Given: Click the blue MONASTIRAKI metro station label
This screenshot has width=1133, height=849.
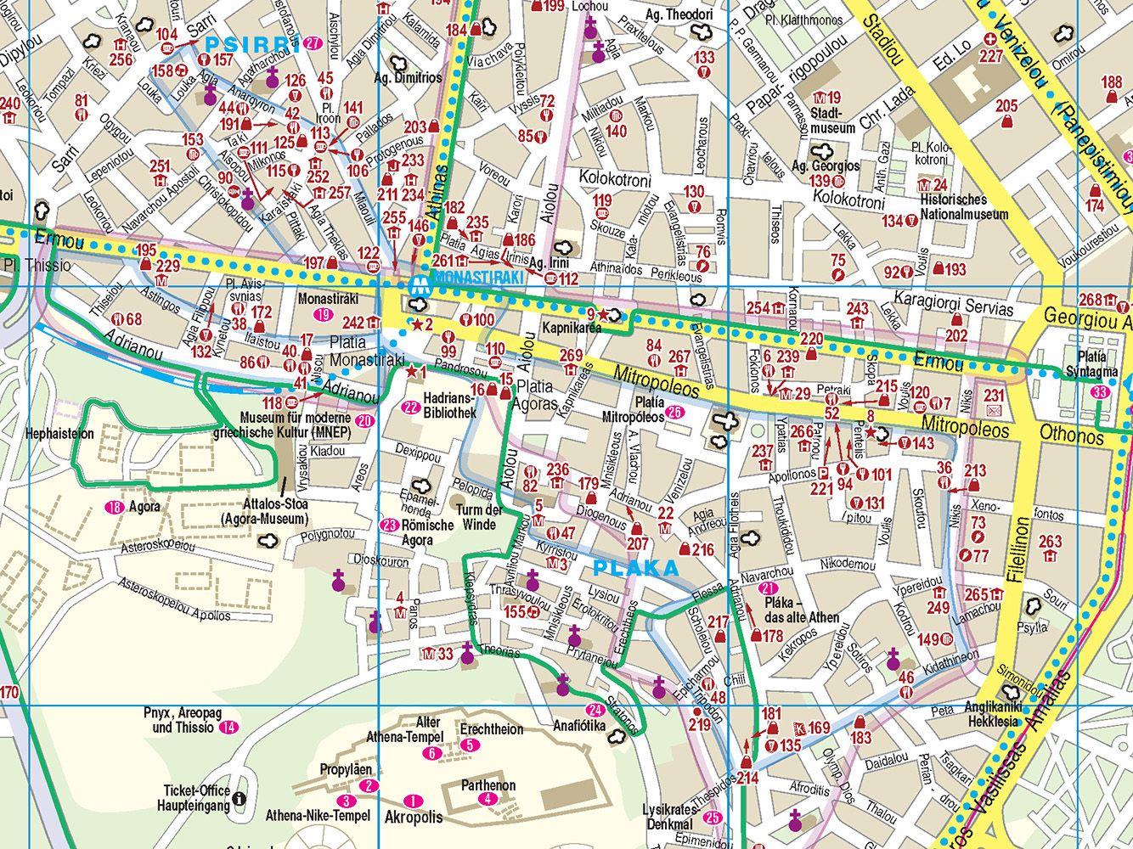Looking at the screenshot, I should (x=465, y=278).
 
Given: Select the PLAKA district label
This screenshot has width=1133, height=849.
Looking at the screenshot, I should (x=636, y=569).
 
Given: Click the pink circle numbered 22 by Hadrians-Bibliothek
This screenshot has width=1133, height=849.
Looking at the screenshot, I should (x=411, y=407).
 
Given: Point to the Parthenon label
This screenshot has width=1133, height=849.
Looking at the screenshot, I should (x=488, y=785).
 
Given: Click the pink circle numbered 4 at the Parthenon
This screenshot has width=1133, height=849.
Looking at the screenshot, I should (x=487, y=799).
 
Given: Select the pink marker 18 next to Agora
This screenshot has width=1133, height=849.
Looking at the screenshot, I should (x=114, y=508).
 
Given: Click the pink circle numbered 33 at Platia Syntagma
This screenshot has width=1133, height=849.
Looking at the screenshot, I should (x=1101, y=392).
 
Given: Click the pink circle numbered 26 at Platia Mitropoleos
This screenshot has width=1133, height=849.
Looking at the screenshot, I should (x=675, y=413).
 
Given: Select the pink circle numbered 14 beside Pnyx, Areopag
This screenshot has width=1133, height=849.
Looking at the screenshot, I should (x=228, y=728).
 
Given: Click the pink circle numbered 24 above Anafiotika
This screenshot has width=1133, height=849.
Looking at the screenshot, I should (x=595, y=711).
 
